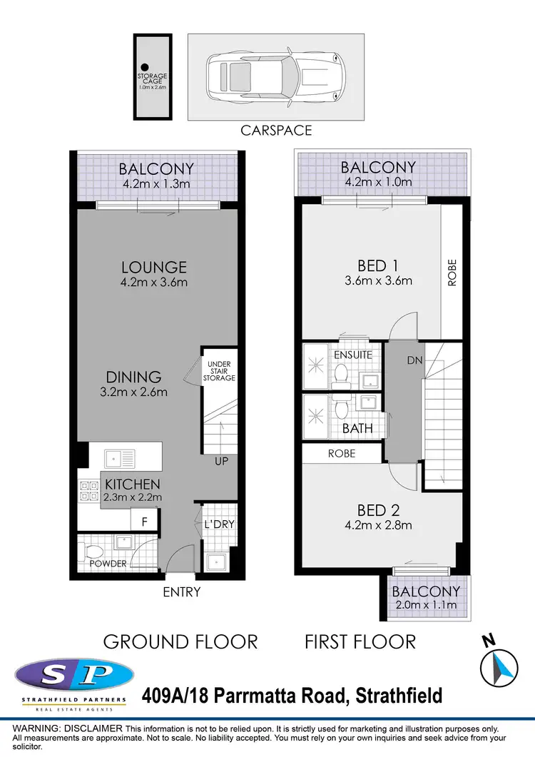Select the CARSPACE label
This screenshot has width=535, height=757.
(x=277, y=131)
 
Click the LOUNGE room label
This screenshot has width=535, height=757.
(x=153, y=268)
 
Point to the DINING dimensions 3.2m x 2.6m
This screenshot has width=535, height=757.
(x=133, y=392)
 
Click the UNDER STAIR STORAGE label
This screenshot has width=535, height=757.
(x=219, y=371)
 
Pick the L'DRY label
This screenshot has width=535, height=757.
(x=219, y=524)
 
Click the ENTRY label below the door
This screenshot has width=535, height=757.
(x=181, y=591)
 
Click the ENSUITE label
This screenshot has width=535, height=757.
(x=353, y=354)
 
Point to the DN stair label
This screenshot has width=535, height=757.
(x=415, y=361)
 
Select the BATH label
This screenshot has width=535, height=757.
(x=357, y=429)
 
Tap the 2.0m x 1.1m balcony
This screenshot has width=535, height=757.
(x=425, y=598)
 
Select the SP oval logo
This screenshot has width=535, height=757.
(x=74, y=674)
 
